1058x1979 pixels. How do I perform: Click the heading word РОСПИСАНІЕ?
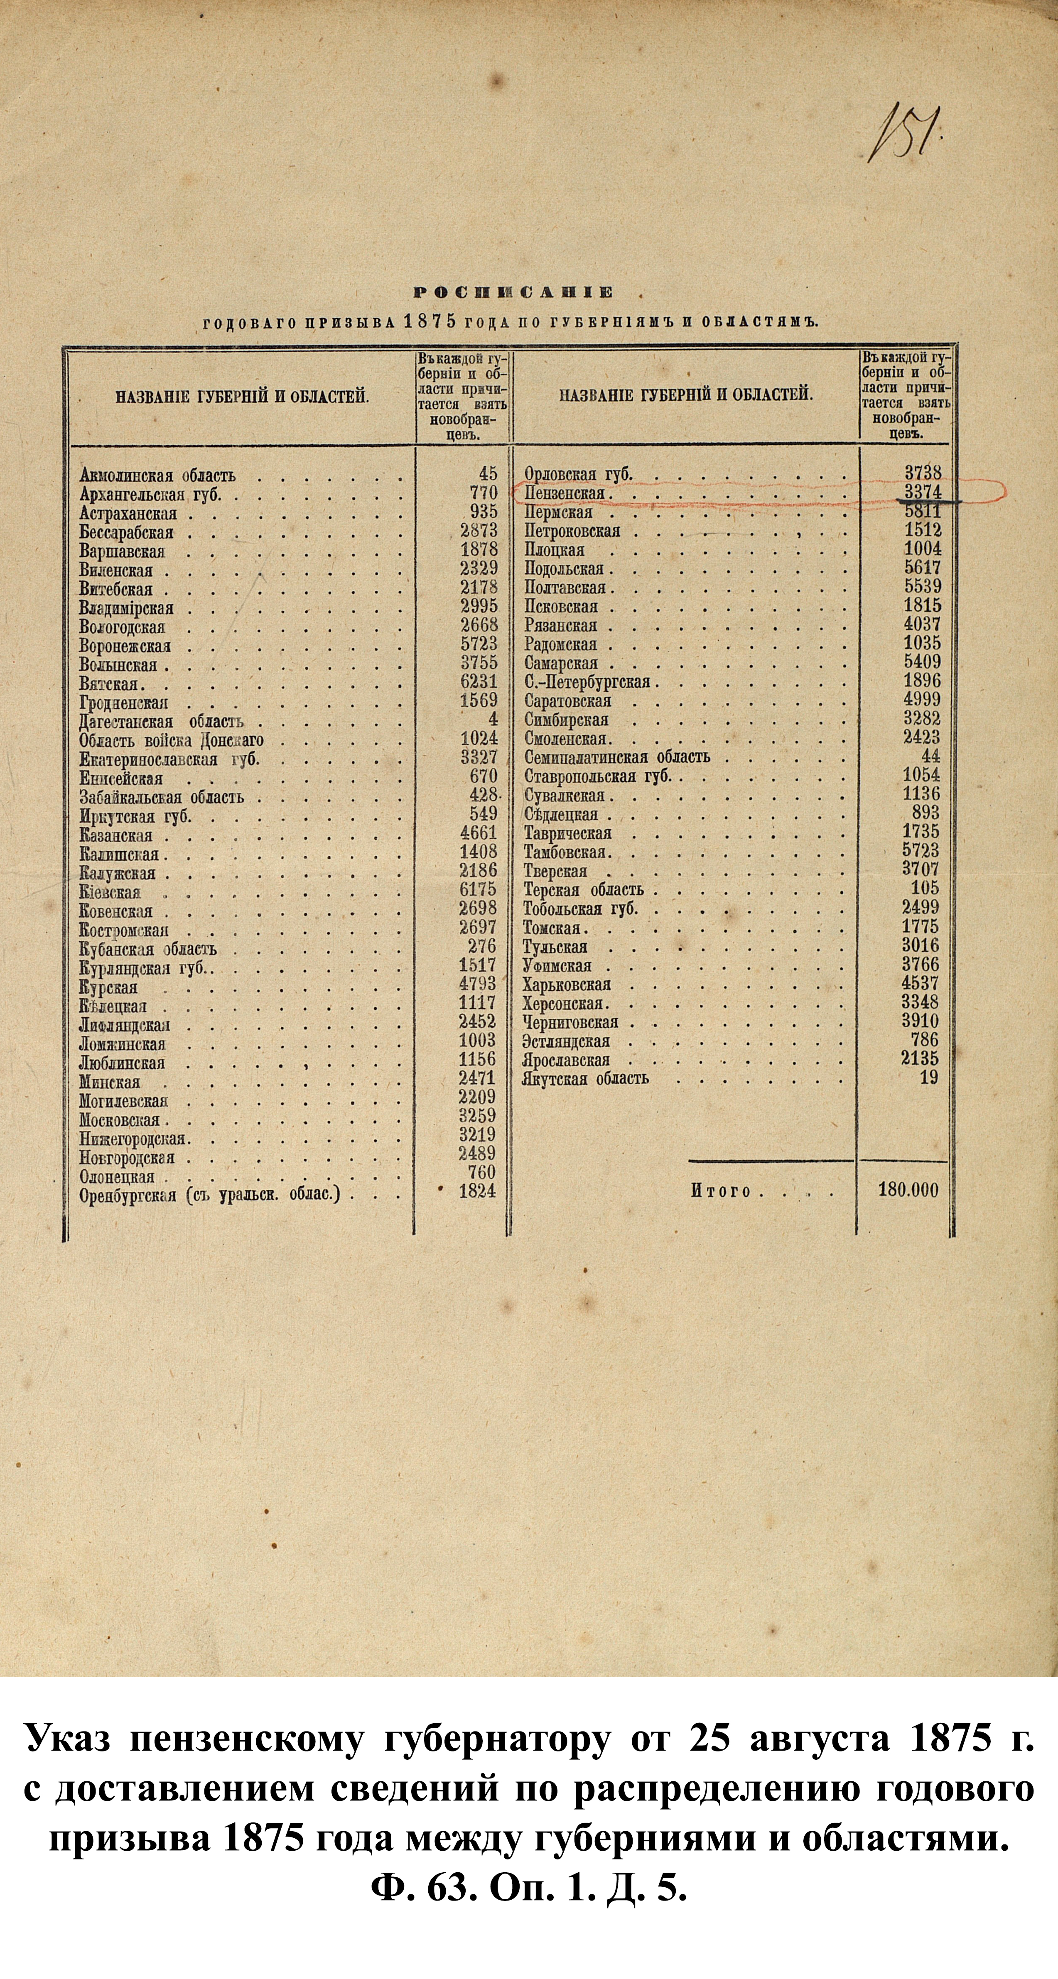[514, 292]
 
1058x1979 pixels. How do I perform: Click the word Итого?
[720, 1191]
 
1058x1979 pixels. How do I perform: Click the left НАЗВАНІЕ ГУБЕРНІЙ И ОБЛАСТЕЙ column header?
[243, 397]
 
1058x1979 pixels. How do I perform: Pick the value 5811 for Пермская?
[922, 511]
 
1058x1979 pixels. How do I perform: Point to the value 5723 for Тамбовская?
[921, 850]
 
